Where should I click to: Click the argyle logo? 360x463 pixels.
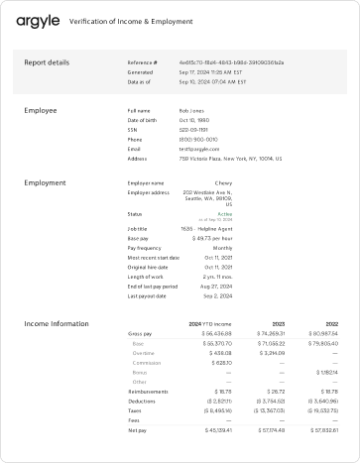tap(37, 19)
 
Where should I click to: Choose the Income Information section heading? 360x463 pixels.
tap(57, 324)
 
